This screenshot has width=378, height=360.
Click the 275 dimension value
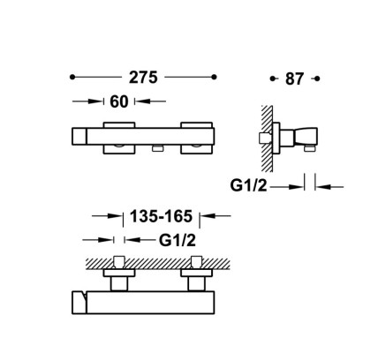coord(143,78)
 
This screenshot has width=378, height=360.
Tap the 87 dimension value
coord(294,79)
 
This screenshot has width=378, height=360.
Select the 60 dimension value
coord(119,101)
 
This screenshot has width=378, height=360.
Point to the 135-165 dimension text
coord(161,216)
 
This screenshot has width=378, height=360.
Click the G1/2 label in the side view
coord(248,185)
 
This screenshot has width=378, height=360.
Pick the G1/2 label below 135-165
coord(178,240)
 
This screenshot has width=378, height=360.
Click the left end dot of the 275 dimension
coord(72,77)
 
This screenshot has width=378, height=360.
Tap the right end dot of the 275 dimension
coord(214,77)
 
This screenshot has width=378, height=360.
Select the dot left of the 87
coord(273,79)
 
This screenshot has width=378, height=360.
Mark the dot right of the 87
coord(317,79)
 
